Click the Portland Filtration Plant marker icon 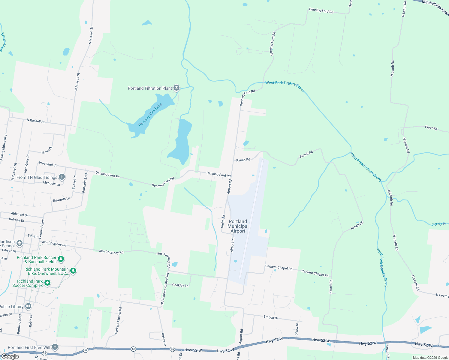[x=176, y=88]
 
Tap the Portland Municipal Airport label [x=238, y=226]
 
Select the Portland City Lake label [x=150, y=114]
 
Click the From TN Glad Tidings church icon [x=62, y=177]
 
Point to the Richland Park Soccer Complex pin [x=47, y=283]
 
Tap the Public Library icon [x=28, y=306]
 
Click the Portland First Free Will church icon [x=55, y=347]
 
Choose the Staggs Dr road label [x=271, y=317]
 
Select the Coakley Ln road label [x=180, y=285]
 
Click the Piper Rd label [x=431, y=127]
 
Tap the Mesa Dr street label [x=47, y=150]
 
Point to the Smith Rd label [x=223, y=221]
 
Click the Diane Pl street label [x=297, y=329]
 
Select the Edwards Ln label [x=62, y=199]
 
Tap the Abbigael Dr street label [x=20, y=214]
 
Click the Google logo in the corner [x=10, y=356]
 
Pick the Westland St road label [x=48, y=164]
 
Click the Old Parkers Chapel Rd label [x=165, y=289]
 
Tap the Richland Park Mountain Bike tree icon [x=73, y=271]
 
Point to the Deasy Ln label [x=164, y=339]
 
